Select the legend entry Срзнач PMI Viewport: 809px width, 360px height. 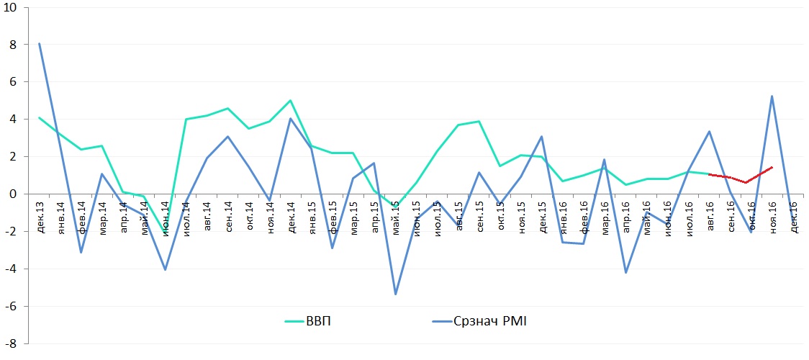point(490,321)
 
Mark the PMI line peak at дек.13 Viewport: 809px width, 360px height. point(39,43)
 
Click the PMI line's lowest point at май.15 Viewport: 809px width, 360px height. point(395,294)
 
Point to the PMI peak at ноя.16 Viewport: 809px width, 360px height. point(772,96)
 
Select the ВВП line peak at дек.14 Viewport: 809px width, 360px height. point(290,101)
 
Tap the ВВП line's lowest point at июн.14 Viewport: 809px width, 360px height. point(165,232)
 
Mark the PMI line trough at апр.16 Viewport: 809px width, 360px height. point(625,272)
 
